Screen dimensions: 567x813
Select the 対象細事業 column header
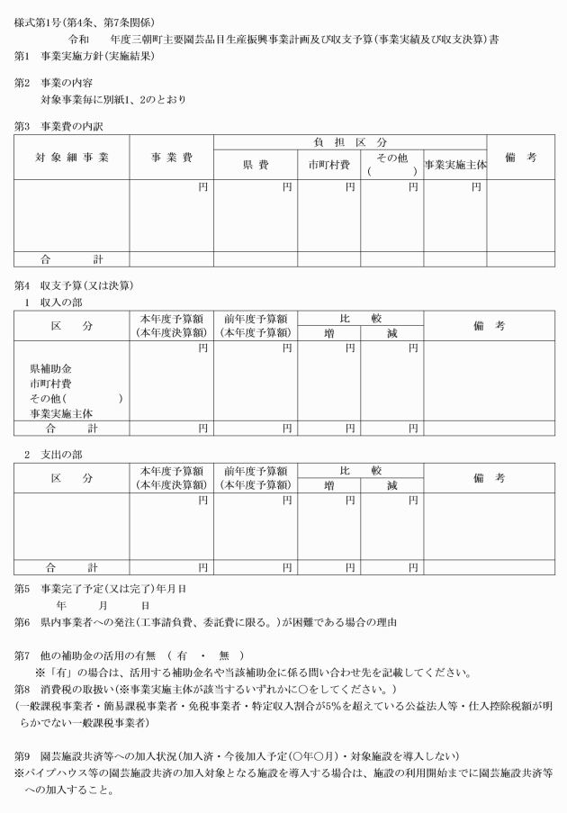pyautogui.click(x=72, y=158)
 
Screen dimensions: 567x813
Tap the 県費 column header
pyautogui.click(x=256, y=165)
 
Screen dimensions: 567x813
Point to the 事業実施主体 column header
pyautogui.click(x=454, y=165)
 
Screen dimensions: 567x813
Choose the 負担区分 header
pyautogui.click(x=350, y=142)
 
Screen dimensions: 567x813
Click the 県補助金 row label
pyautogui.click(x=50, y=369)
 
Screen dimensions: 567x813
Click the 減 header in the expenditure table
pyautogui.click(x=391, y=485)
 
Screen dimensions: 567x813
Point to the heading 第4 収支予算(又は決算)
pyautogui.click(x=74, y=286)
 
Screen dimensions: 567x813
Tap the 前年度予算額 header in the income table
pyautogui.click(x=256, y=319)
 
